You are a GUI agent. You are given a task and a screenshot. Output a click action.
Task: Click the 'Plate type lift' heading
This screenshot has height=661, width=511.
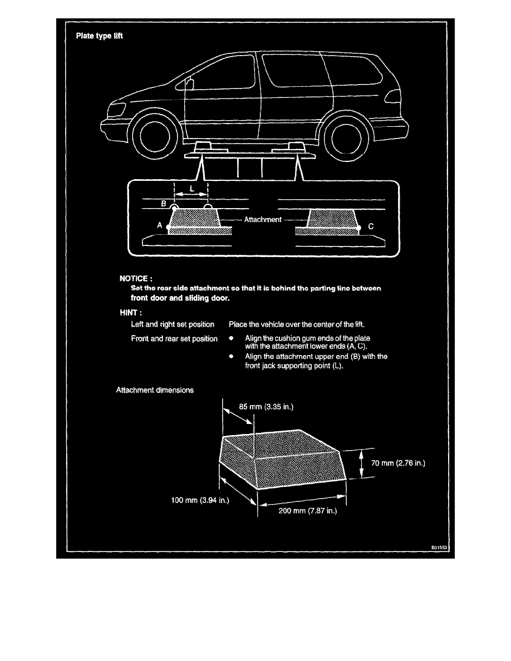coord(99,36)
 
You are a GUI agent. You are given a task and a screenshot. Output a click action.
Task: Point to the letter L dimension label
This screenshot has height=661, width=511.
coord(192,189)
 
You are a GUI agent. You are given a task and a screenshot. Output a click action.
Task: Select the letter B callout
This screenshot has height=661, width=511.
coord(164,204)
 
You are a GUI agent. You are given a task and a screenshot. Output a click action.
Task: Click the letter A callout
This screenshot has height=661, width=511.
coord(159,225)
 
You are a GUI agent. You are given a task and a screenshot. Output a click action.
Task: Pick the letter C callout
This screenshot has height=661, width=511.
coord(371,226)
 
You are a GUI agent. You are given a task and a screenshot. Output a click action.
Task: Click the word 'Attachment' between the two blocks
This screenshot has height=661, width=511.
coord(263,219)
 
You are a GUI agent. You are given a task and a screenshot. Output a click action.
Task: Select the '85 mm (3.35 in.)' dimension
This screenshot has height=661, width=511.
coord(266,407)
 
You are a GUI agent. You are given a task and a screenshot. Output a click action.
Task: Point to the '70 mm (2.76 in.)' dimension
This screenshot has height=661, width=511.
coord(398,463)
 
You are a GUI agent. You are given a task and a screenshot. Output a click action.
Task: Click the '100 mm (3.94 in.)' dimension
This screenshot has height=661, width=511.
coord(200,500)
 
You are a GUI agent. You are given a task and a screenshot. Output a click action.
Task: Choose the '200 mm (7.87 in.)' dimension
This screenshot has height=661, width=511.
coord(308,511)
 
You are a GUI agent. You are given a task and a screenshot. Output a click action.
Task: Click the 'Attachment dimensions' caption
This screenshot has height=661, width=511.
coord(155,391)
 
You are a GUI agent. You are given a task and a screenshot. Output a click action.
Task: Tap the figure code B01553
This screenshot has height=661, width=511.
coord(439,547)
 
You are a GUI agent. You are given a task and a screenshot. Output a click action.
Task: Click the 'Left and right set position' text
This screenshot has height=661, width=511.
coord(173,324)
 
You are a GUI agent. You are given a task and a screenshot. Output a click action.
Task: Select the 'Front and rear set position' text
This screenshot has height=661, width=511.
coord(174,338)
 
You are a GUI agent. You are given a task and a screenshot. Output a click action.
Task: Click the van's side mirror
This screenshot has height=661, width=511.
coord(189,83)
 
